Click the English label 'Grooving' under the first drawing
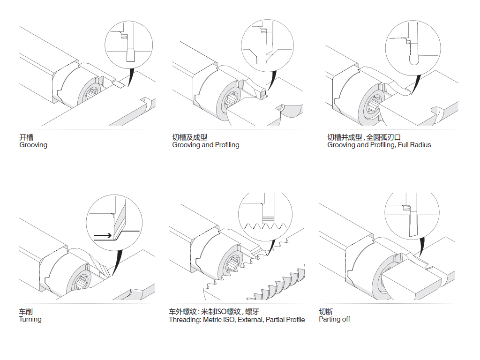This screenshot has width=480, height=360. point(33,145)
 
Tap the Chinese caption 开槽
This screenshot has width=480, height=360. point(26,137)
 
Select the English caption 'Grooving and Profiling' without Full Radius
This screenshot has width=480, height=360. point(206,145)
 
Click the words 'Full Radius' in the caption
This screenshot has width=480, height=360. point(414,145)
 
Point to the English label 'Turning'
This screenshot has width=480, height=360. point(30,320)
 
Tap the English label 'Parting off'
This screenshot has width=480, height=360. point(334,320)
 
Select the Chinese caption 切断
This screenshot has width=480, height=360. point(326,312)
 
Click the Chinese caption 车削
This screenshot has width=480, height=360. point(26,312)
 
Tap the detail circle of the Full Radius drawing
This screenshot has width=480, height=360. point(413,47)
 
